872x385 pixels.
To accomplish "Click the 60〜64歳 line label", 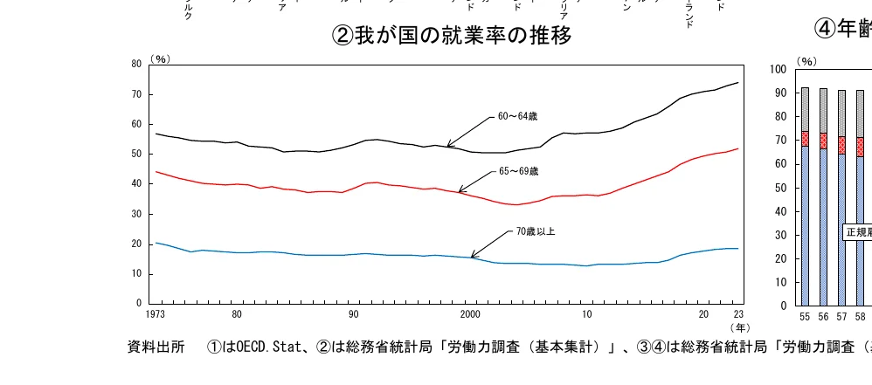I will click(517, 116).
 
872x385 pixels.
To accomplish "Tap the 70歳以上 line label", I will click(536, 231).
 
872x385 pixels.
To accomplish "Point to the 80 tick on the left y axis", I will click(136, 65).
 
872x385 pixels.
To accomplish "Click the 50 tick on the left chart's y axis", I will click(136, 155).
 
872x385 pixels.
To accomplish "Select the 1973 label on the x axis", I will click(156, 313).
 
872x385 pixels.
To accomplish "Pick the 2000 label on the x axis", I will click(470, 313).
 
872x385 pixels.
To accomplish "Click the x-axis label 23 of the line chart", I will click(738, 313).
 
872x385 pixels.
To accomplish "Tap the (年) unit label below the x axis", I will click(739, 327).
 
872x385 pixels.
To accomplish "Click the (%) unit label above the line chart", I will click(160, 58).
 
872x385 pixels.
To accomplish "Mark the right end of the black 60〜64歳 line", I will click(738, 83).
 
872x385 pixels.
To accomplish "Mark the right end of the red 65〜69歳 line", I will click(738, 148).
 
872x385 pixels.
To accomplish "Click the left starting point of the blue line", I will click(156, 243).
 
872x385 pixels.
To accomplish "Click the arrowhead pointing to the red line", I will click(460, 191).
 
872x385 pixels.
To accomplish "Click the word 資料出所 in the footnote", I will click(156, 347).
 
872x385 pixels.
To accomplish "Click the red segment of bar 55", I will click(805, 138).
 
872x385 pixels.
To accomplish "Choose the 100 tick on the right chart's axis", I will click(780, 69).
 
